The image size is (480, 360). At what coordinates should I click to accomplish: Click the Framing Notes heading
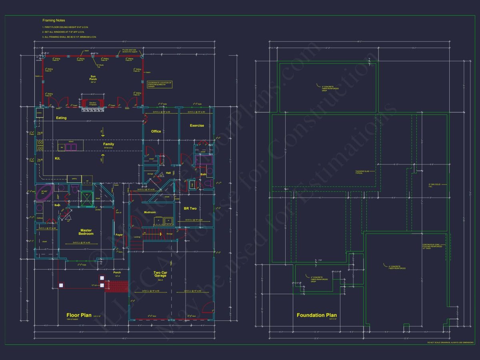point(54,20)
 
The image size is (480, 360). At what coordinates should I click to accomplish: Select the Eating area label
point(61,118)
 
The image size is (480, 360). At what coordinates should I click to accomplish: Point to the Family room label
point(108,144)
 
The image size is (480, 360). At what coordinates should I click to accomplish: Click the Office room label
point(156,131)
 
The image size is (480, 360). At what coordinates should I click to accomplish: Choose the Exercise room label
point(197,126)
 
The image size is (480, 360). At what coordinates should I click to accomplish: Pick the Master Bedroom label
point(86,232)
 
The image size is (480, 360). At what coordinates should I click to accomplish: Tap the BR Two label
point(190,208)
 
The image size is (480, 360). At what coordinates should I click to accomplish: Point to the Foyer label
point(119,235)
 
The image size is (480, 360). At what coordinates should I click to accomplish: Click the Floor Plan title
point(79,315)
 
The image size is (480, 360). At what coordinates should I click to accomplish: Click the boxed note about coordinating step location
point(160,84)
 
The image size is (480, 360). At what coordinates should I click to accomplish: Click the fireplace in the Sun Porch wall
point(93,104)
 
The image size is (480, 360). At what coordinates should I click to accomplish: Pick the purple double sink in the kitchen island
point(71,147)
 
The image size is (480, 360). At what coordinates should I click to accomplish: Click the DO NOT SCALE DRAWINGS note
point(450,343)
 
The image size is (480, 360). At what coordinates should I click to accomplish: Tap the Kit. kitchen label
point(58,159)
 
